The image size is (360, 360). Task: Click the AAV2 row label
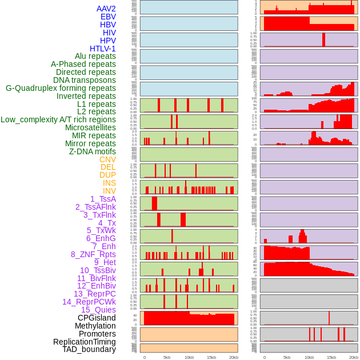[106, 9]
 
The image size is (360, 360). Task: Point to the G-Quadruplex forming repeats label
[61, 88]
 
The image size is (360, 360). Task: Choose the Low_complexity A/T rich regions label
[58, 119]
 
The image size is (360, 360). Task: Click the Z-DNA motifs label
[92, 151]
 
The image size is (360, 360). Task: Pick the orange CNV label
[107, 159]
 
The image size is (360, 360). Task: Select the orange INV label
[109, 191]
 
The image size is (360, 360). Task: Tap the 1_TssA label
[103, 199]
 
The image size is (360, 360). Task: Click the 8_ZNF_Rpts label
[93, 254]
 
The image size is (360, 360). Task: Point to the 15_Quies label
[98, 310]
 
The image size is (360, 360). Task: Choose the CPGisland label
[97, 318]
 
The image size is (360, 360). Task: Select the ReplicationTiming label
[84, 342]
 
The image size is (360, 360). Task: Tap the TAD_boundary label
[89, 349]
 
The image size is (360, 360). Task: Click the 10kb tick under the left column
[189, 357]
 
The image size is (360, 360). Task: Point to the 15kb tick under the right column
[331, 357]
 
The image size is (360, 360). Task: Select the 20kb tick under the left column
[233, 357]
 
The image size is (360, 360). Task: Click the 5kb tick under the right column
[286, 357]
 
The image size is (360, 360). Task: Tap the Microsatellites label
[90, 127]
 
